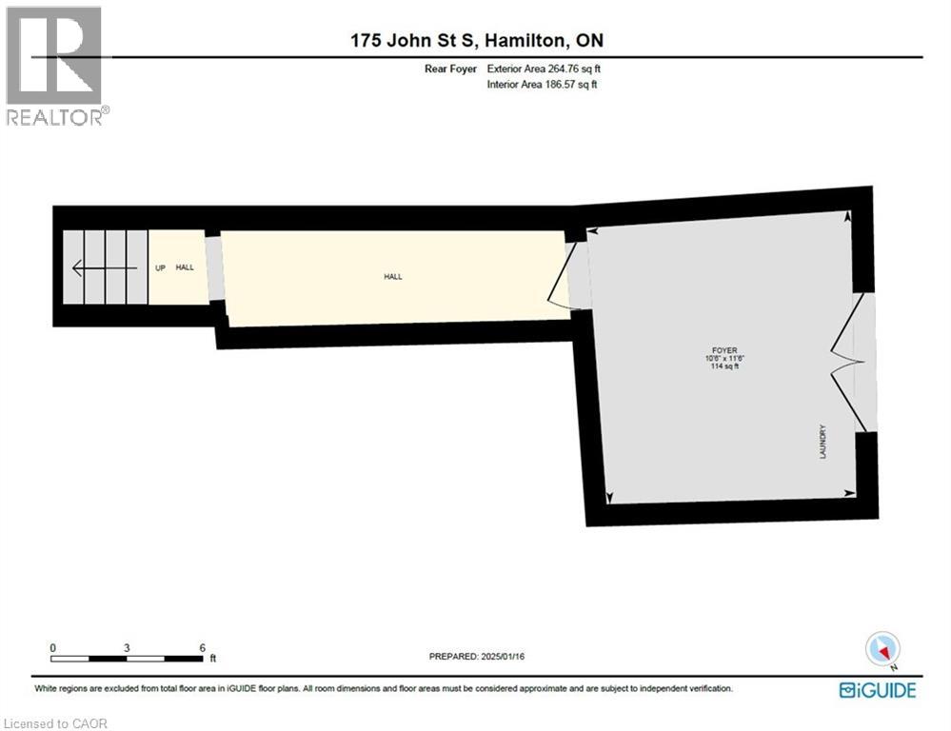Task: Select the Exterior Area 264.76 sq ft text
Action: point(544,69)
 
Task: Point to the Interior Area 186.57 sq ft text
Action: point(543,85)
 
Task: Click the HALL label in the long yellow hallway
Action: point(392,277)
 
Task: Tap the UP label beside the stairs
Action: point(161,268)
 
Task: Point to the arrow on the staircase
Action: point(105,268)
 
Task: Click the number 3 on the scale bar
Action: point(127,647)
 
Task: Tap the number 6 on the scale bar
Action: point(202,647)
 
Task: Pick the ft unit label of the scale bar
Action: point(213,658)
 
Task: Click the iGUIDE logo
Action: point(877,690)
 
